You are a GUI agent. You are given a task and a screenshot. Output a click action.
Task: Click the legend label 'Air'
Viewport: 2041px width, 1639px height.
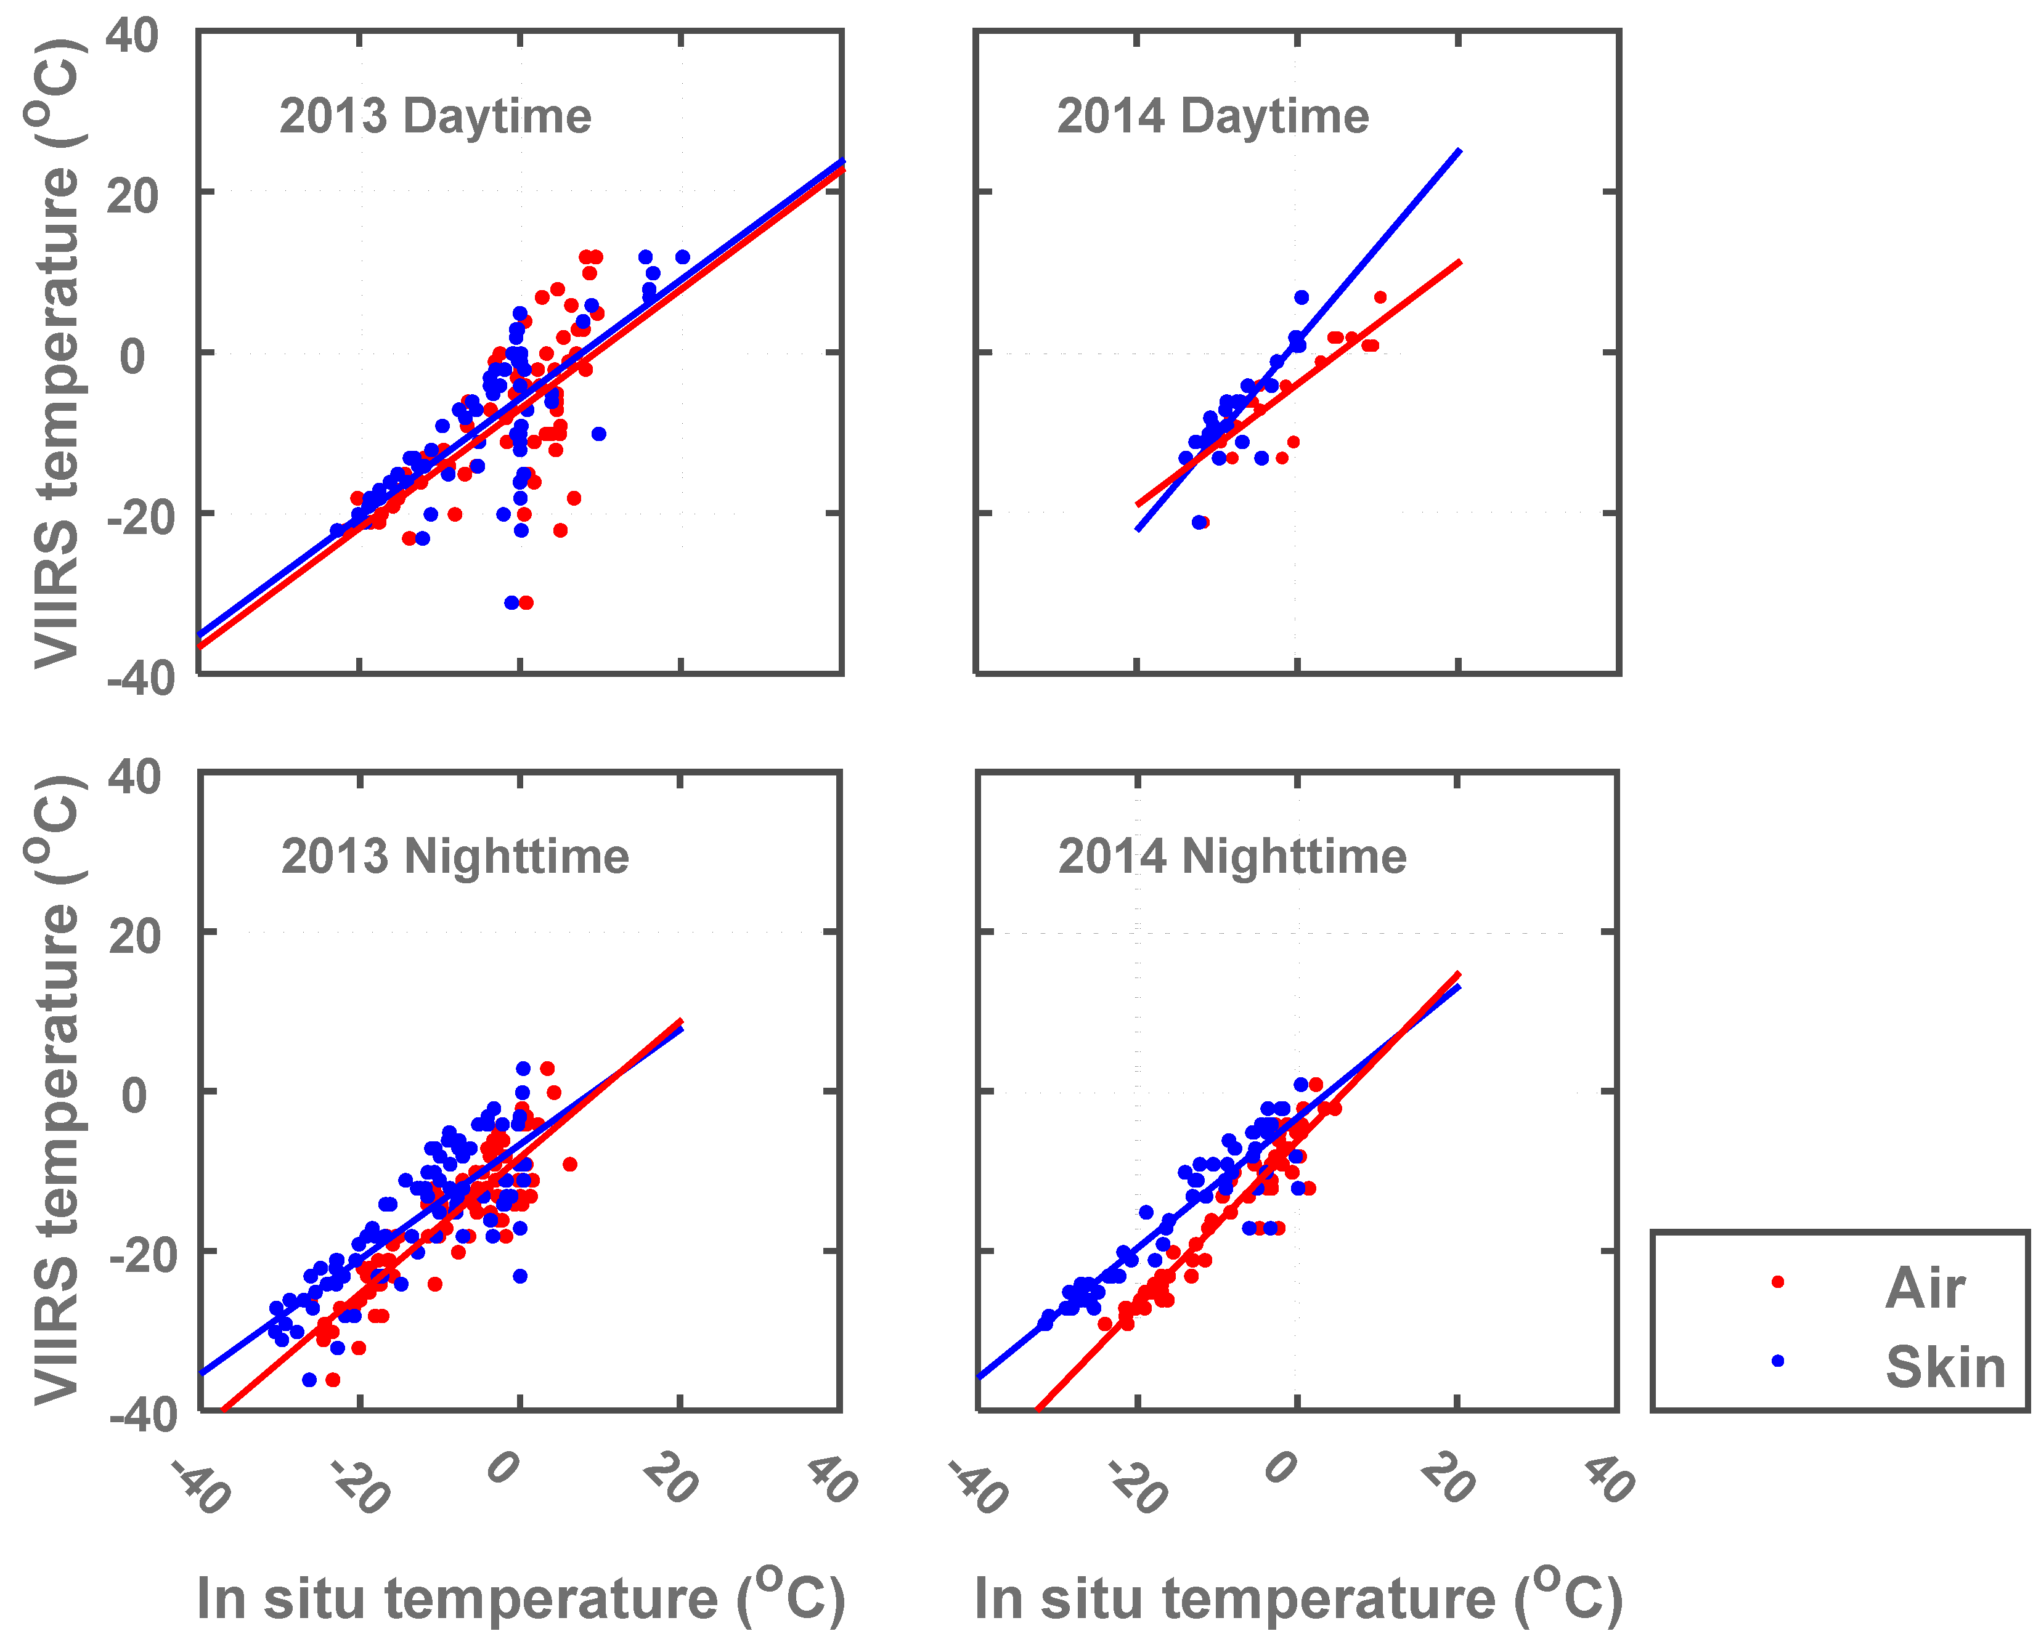[1925, 1289]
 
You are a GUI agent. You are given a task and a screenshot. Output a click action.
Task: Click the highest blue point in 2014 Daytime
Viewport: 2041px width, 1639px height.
[1301, 297]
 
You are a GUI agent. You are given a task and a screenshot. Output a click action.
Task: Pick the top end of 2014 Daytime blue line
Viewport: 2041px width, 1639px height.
[1459, 150]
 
